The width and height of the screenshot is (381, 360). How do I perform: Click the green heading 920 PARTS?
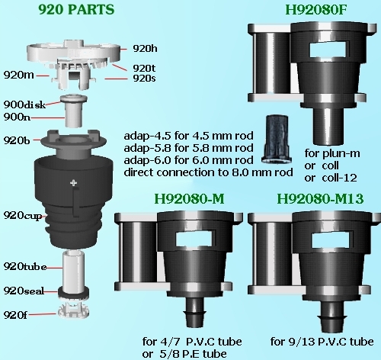click(76, 10)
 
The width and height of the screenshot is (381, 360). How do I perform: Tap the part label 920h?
click(145, 48)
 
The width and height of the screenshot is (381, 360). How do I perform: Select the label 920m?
click(18, 75)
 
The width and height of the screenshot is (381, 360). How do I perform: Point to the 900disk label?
click(24, 104)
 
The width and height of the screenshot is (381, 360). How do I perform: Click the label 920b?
click(17, 140)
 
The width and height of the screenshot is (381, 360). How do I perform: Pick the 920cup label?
click(23, 216)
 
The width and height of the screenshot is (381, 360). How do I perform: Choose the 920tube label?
click(25, 266)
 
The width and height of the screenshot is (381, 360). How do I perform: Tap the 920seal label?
click(24, 291)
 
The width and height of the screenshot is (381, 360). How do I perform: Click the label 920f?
click(15, 315)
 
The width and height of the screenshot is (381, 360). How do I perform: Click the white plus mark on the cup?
click(74, 182)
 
